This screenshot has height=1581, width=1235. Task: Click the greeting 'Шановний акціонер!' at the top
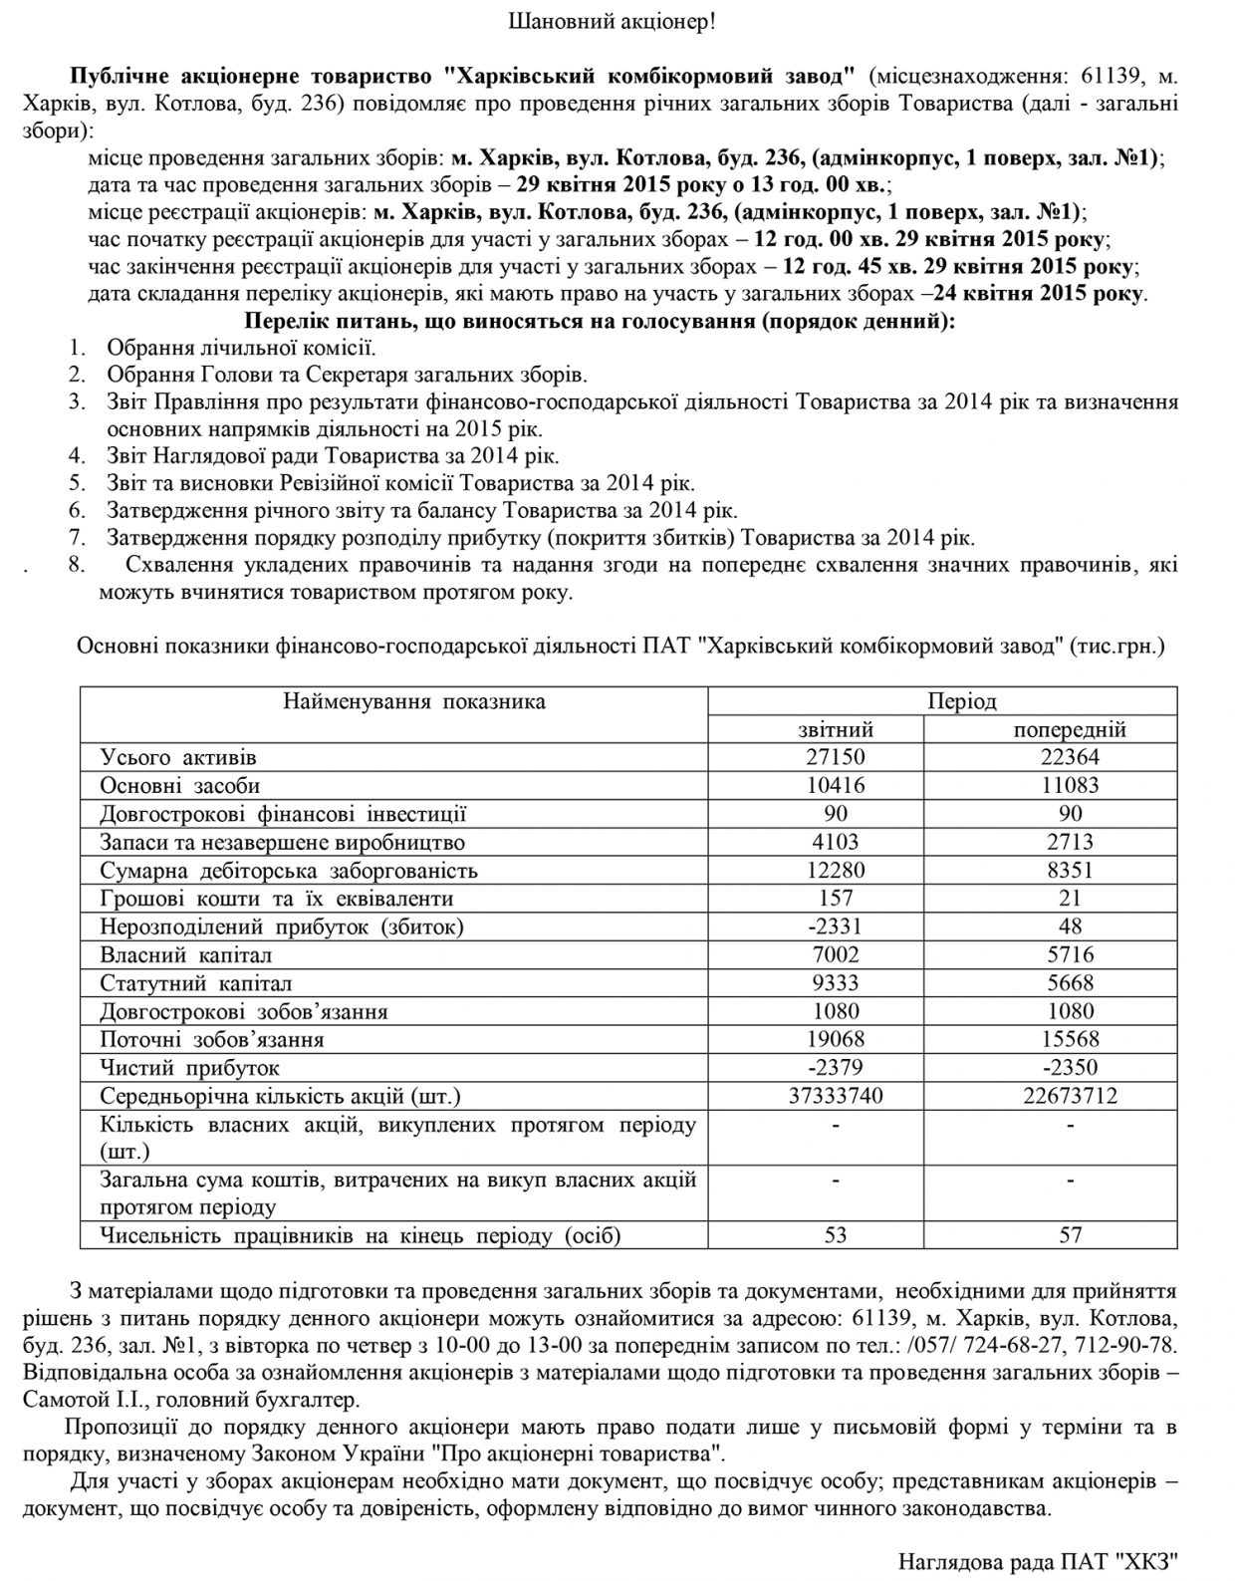(x=613, y=21)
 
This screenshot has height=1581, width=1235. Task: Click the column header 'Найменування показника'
(x=414, y=701)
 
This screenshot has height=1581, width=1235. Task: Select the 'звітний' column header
(x=836, y=729)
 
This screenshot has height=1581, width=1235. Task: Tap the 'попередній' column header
(x=1070, y=729)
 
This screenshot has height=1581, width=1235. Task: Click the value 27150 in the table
(x=836, y=757)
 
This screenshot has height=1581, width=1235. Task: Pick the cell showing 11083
(x=1070, y=785)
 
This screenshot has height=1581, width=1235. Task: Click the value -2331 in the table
(x=836, y=926)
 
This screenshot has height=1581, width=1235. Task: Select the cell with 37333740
(x=836, y=1096)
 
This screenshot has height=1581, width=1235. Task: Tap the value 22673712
(x=1070, y=1096)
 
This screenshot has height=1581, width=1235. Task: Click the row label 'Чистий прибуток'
(x=189, y=1068)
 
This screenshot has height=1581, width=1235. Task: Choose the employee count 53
(x=836, y=1235)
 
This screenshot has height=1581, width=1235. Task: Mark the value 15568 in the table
(x=1070, y=1039)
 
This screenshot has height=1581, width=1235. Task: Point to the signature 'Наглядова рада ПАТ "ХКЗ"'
(x=1039, y=1560)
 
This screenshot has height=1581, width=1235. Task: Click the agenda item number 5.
(x=78, y=483)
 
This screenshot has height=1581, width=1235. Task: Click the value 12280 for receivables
(x=836, y=870)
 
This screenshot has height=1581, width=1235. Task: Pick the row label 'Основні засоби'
(x=180, y=785)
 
